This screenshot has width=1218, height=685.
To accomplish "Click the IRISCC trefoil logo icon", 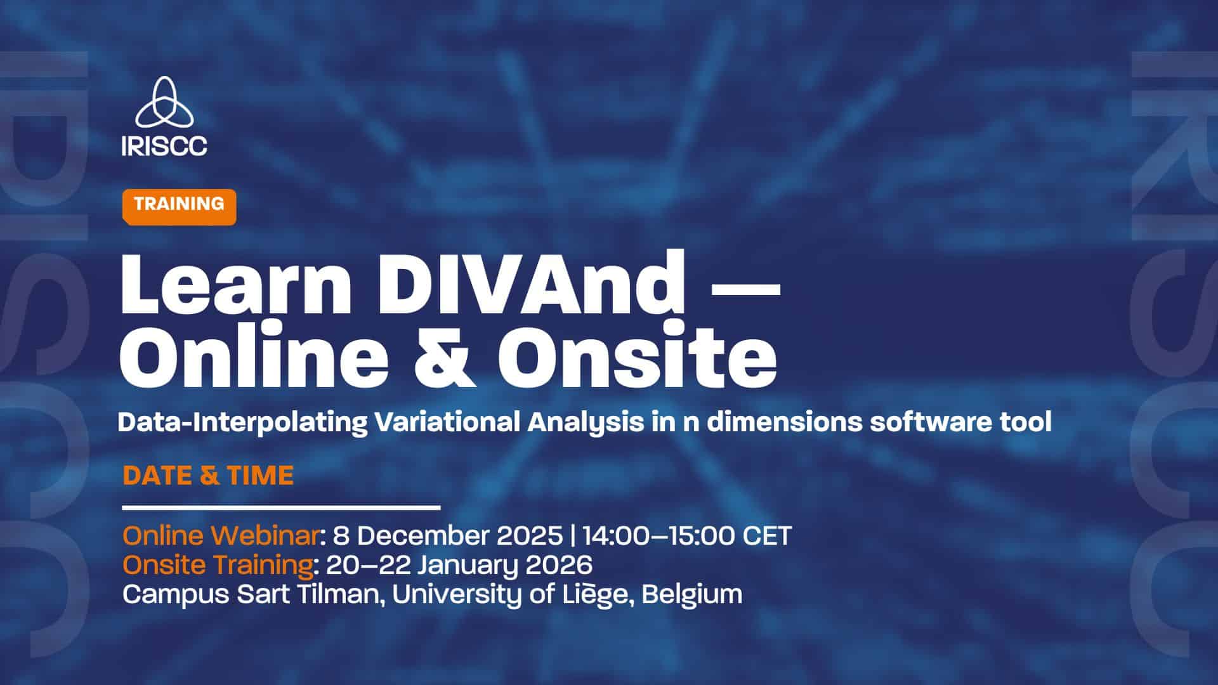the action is tap(164, 102).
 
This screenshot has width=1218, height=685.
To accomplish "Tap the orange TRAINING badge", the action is tap(179, 207).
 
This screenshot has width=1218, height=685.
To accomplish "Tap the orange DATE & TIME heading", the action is tap(208, 476).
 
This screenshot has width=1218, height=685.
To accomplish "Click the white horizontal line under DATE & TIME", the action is tap(281, 507).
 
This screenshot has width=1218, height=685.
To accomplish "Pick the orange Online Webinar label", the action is tap(220, 536).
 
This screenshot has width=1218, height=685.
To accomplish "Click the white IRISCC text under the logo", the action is tap(164, 145).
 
